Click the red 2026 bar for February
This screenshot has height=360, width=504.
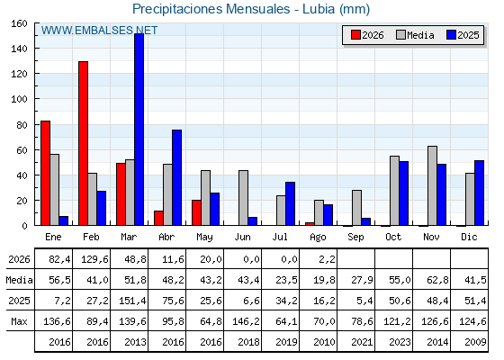[x=83, y=143]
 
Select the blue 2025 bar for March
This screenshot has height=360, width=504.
[x=139, y=130]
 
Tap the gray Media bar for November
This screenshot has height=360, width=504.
[x=432, y=185]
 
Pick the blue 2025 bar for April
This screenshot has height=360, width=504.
[x=176, y=177]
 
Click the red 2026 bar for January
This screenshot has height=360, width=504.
[x=45, y=173]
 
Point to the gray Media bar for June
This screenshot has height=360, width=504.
[x=243, y=198]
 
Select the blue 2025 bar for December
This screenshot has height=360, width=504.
[x=479, y=193]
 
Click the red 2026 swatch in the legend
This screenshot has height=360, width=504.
[x=355, y=35]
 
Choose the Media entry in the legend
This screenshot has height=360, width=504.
[x=415, y=35]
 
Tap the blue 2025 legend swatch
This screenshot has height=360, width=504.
[x=451, y=35]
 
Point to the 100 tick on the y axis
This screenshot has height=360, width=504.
[x=19, y=99]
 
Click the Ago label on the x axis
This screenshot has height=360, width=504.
[x=318, y=238]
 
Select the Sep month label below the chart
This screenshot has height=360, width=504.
[x=355, y=238]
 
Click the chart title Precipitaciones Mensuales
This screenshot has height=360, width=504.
[x=211, y=9]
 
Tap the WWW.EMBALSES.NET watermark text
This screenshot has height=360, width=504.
[x=99, y=31]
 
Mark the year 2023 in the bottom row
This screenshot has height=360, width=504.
[x=400, y=342]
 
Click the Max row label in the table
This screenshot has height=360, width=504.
[x=19, y=321]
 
